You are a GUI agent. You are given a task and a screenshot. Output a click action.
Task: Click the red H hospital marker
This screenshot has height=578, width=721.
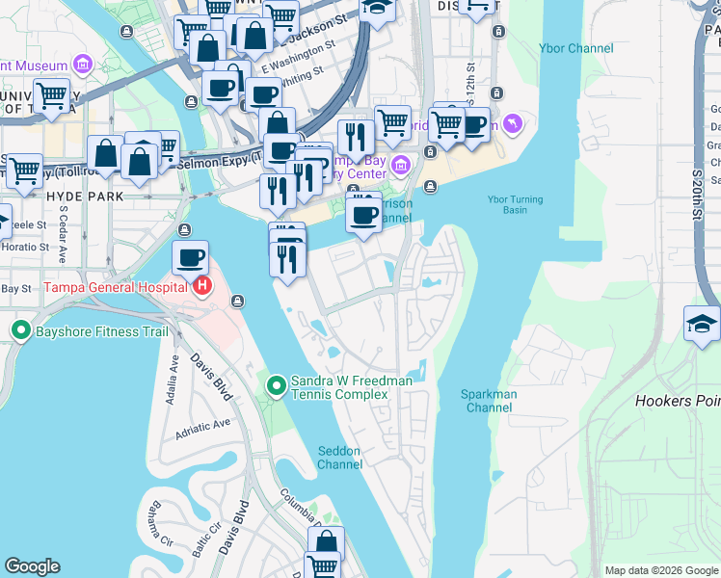[202, 286]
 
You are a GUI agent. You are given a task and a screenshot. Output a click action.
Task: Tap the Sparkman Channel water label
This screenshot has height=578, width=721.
[489, 401]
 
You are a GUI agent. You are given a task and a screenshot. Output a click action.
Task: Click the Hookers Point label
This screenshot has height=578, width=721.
[678, 401]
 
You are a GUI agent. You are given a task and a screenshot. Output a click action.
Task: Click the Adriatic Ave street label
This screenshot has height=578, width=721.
[202, 429]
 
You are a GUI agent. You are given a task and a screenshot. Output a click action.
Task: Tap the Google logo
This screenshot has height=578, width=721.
[33, 566]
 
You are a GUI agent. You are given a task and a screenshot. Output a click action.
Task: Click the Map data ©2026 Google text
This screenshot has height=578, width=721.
[661, 570]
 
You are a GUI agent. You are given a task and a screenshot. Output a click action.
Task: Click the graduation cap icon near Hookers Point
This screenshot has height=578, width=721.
[702, 325]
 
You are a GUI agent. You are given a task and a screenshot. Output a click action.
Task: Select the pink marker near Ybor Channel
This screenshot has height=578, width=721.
[512, 123]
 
